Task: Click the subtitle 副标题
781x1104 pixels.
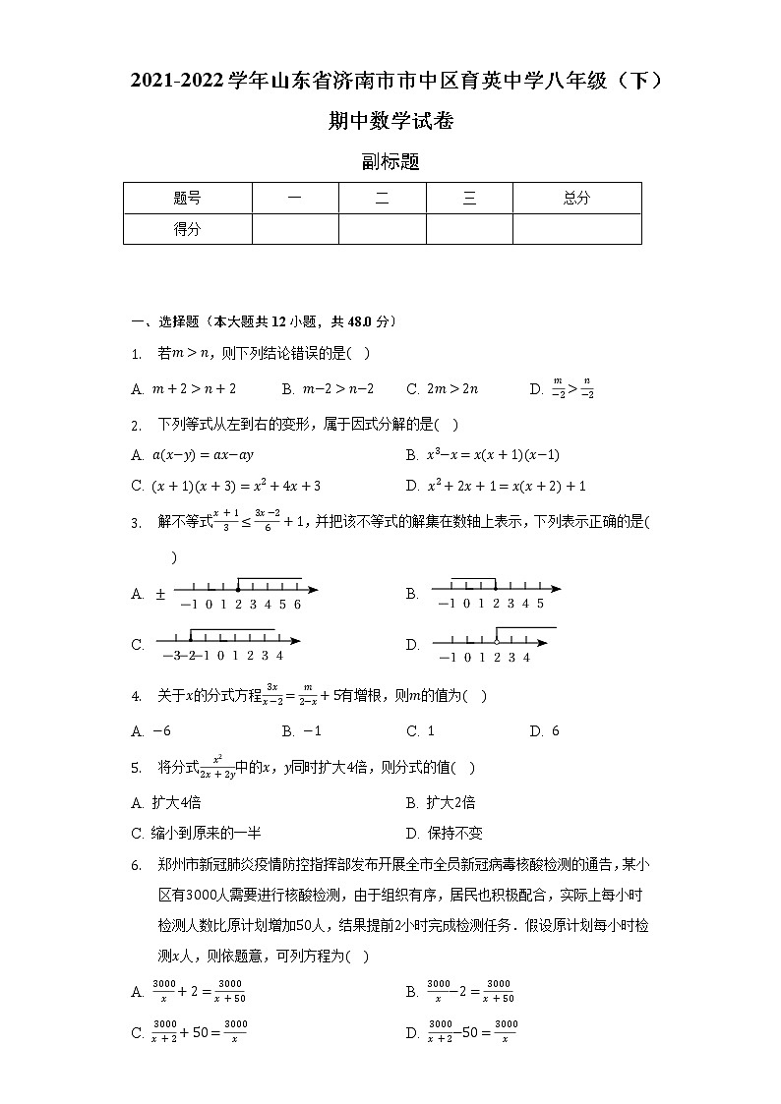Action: click(x=390, y=162)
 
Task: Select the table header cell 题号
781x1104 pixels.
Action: click(x=187, y=198)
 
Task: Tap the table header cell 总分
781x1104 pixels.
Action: click(x=576, y=198)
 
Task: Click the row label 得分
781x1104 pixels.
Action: click(x=187, y=229)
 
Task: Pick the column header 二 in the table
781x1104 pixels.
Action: click(x=382, y=198)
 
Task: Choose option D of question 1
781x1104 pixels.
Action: click(x=562, y=388)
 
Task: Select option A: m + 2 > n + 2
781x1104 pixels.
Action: click(x=184, y=388)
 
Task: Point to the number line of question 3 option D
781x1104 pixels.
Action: click(x=496, y=644)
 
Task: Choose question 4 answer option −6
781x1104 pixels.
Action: click(x=152, y=730)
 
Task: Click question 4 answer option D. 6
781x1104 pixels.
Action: click(x=544, y=730)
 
